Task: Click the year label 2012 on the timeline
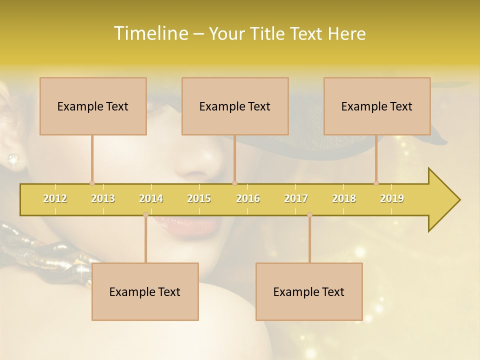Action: (55, 198)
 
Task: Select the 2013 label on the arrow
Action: (103, 198)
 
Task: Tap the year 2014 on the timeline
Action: (151, 198)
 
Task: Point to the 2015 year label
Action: (199, 198)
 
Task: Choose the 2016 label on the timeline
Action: (248, 198)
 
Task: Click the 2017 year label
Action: (296, 198)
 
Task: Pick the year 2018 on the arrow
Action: (344, 198)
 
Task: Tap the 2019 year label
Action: (392, 198)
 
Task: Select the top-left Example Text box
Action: (93, 106)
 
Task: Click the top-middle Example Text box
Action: (235, 106)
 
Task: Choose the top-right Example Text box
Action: (377, 106)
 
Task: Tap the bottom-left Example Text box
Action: (145, 291)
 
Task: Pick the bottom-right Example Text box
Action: (309, 291)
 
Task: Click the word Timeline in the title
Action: (150, 33)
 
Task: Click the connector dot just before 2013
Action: (92, 183)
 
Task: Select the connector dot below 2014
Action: (145, 214)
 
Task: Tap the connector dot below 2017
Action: (309, 214)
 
